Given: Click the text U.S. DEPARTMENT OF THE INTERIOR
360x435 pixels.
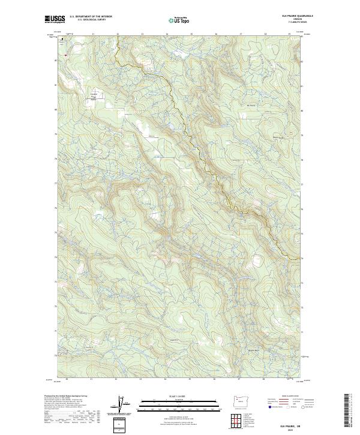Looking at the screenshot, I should click(x=91, y=16).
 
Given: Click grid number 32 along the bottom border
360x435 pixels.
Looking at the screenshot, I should click(x=116, y=379).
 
